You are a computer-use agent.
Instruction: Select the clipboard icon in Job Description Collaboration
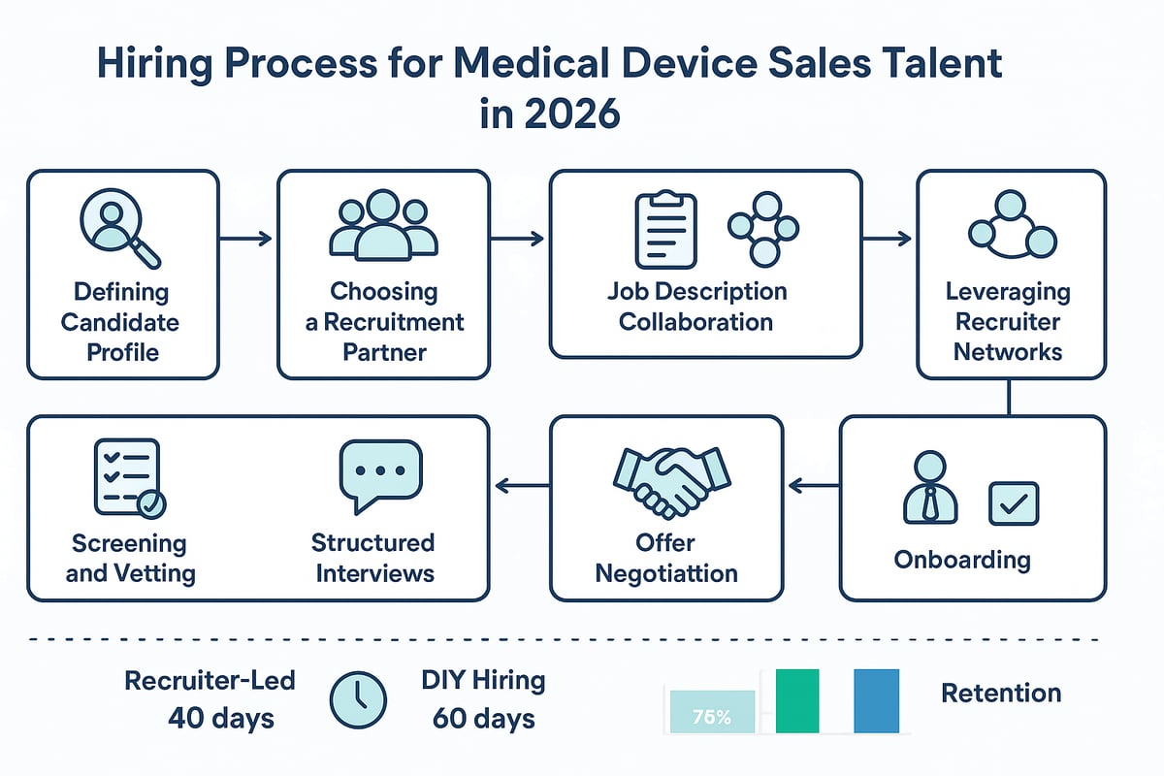(x=666, y=230)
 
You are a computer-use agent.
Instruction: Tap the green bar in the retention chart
(x=797, y=700)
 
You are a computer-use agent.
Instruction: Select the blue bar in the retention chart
(x=876, y=700)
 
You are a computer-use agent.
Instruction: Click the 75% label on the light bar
(x=712, y=718)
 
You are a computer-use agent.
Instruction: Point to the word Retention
(x=1000, y=694)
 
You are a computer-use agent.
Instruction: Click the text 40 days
(x=220, y=719)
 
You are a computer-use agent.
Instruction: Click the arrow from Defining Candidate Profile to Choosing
(x=248, y=237)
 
